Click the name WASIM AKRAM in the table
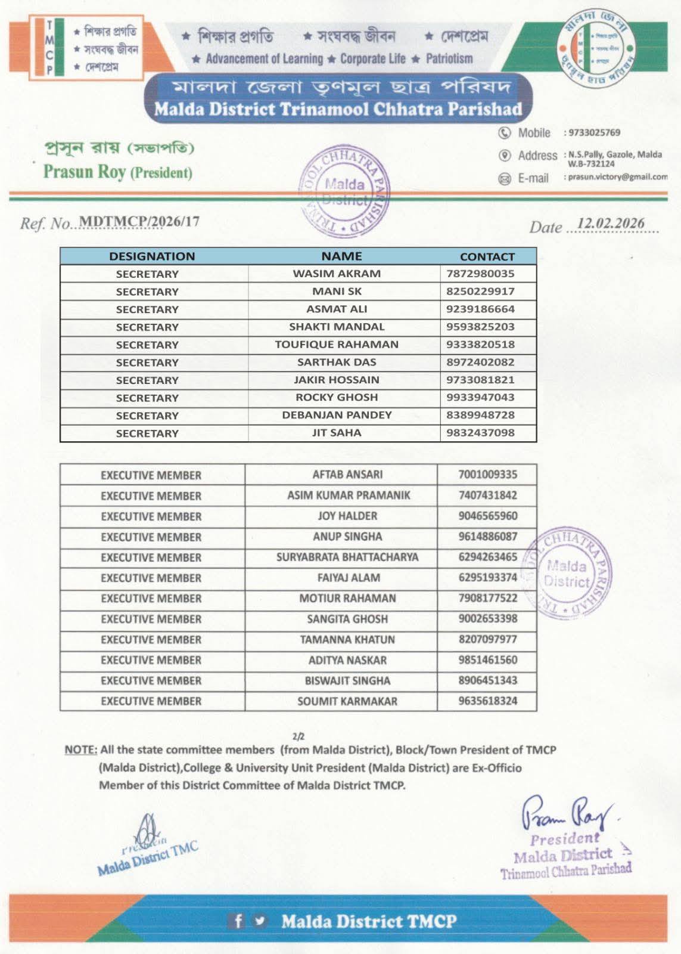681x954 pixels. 337,274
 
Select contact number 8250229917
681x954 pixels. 480,292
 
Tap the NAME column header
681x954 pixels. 341,256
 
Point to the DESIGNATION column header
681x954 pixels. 152,256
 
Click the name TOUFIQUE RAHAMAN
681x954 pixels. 337,345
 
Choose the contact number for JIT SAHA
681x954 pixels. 480,433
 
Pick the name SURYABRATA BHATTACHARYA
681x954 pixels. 347,557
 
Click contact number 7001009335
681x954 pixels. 487,475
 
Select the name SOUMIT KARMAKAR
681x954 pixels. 347,701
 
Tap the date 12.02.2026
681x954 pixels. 611,224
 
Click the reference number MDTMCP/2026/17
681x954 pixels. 139,221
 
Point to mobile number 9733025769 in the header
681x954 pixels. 594,132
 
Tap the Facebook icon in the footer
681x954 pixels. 238,921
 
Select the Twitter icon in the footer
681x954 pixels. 259,921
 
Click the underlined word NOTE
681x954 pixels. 80,750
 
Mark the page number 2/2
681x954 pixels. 298,737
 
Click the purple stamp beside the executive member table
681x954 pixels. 567,573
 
